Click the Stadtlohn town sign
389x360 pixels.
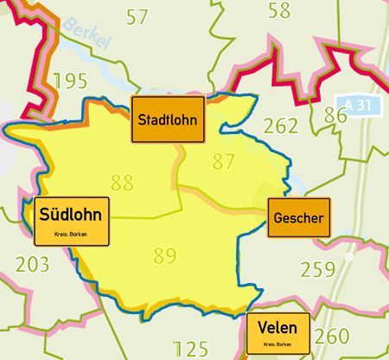(168, 120)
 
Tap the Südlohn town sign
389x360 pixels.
(70, 221)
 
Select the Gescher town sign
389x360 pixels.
(298, 218)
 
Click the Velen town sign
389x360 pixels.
(277, 333)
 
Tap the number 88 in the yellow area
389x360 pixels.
(122, 183)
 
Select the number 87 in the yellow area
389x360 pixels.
(223, 161)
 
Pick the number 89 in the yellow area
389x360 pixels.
(164, 255)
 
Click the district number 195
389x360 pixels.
(69, 81)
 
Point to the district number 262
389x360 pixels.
(280, 126)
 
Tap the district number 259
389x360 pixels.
(316, 269)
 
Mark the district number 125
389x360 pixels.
(191, 350)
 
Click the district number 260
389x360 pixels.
(332, 336)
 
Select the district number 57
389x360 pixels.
(137, 16)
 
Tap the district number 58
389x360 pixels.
(279, 10)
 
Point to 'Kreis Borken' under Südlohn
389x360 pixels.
(70, 235)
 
